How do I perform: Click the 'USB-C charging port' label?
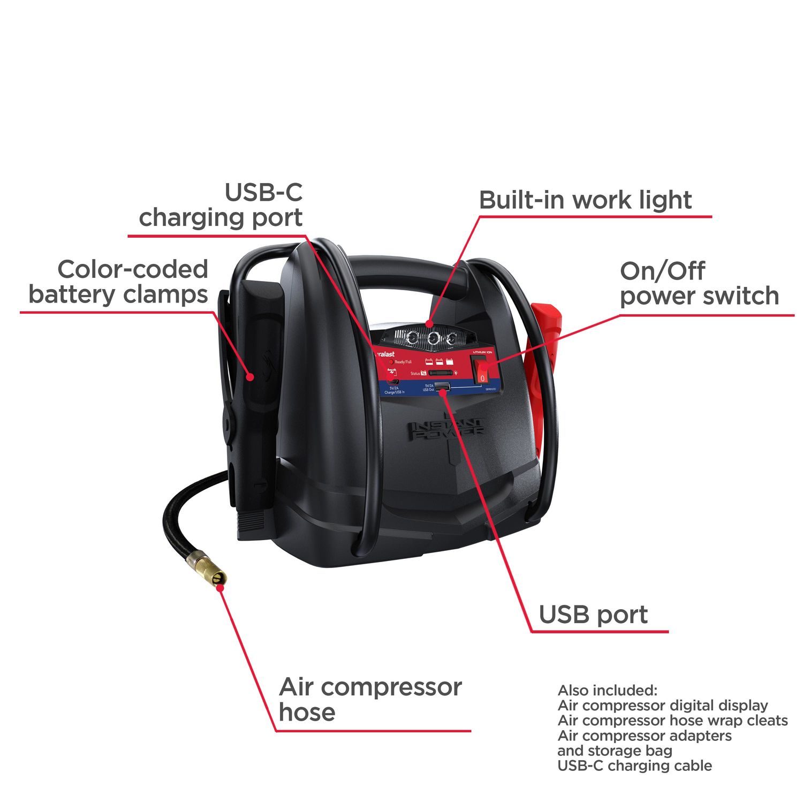[221, 205]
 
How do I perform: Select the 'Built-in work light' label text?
[585, 200]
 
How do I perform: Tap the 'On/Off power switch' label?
[699, 283]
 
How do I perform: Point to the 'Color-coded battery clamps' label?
[118, 282]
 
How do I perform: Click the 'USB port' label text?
[593, 615]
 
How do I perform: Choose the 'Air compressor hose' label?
[369, 699]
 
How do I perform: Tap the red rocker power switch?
[482, 370]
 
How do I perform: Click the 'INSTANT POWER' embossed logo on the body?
[448, 429]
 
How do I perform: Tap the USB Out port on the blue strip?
[442, 387]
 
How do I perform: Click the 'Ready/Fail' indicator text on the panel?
[403, 362]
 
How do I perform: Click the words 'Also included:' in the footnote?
[607, 690]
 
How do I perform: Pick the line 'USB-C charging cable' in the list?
[634, 766]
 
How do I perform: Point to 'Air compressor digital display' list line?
[663, 705]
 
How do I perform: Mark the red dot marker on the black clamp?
[249, 376]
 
